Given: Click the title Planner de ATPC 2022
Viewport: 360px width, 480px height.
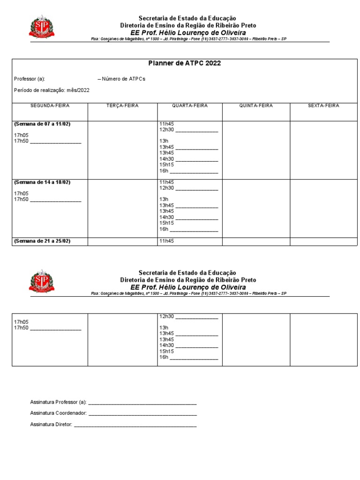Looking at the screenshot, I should point(184,63).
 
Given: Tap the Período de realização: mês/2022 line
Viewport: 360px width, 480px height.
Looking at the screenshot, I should point(52,90).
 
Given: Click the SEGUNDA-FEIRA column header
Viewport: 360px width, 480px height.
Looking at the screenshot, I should point(50,106).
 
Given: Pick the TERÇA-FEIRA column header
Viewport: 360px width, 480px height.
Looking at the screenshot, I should point(122,106).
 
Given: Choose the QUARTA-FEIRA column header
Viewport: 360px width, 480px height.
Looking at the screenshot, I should point(190,106).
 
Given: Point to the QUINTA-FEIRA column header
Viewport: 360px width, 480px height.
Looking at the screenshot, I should point(256,106).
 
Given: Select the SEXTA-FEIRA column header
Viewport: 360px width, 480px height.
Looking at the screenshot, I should point(323,106).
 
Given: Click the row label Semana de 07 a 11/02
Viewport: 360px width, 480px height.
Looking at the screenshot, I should point(45,124).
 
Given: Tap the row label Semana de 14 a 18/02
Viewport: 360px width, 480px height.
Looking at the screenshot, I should point(45,182).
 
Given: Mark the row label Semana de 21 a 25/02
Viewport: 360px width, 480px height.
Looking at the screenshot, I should point(45,241).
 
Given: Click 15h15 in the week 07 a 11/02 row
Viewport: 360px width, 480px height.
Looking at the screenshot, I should point(166,165).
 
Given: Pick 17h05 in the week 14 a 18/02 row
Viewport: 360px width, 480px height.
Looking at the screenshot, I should point(21,193).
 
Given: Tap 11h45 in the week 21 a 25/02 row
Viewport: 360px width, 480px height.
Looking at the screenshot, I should point(166,241).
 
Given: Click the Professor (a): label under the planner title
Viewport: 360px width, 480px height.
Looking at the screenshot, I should point(30,79).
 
